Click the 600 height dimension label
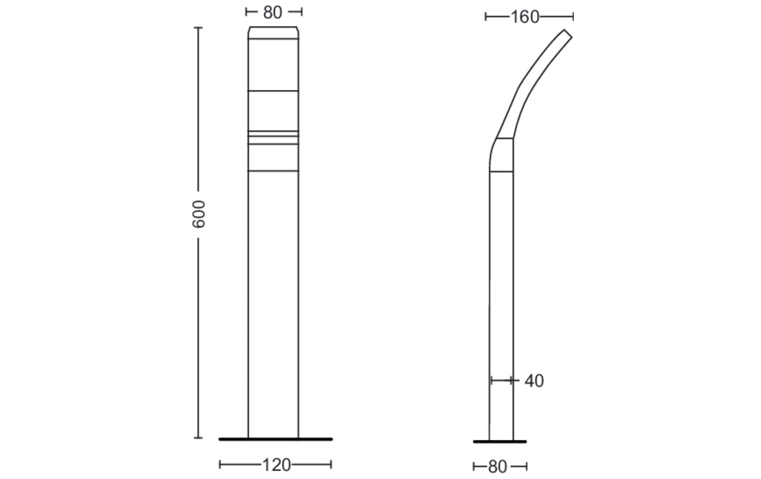199,214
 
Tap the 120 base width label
276,465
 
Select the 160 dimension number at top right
525,17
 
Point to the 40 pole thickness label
534,381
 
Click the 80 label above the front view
272,13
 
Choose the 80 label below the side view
497,467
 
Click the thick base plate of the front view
275,439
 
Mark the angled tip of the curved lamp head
568,34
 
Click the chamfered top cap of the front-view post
273,33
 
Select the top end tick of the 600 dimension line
198,28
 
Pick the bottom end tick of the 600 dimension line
198,438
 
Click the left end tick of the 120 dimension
220,464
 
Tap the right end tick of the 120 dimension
331,464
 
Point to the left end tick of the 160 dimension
486,17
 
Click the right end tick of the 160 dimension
573,17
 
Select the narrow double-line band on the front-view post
273,134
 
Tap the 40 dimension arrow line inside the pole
501,381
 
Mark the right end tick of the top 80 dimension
301,12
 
